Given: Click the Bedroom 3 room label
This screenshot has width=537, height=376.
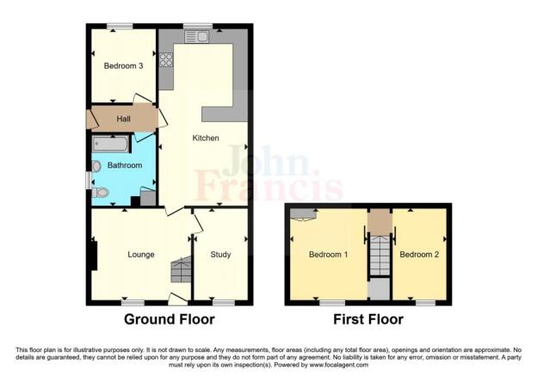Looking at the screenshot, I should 123,66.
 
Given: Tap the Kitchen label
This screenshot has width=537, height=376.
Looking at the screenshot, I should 206,138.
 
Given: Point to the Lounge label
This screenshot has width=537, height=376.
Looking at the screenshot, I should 140,254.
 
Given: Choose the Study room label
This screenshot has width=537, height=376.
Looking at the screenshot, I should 222,254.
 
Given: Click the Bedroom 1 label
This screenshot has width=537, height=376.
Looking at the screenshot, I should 328,254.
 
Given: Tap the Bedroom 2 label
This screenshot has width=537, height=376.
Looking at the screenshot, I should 419,254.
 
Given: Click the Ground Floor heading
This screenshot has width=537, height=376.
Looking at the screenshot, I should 170,319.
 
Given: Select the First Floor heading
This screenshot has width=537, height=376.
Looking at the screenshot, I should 367,319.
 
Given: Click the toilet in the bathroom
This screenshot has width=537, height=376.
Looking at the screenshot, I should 102,193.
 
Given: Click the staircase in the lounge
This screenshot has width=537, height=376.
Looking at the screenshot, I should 181,271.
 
